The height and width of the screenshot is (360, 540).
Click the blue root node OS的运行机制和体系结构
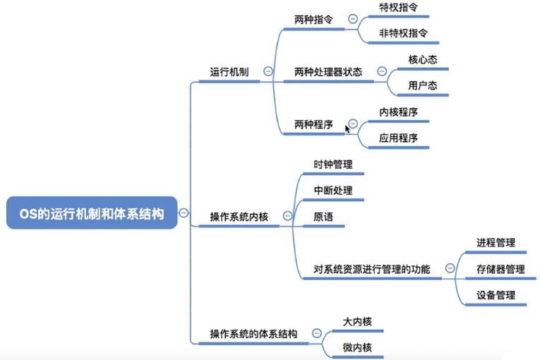(x=91, y=213)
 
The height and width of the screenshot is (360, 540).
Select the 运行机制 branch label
(x=229, y=72)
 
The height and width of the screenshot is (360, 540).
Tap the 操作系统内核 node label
(x=239, y=217)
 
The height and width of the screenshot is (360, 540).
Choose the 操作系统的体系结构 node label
(x=253, y=333)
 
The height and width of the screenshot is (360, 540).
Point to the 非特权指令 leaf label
(x=404, y=32)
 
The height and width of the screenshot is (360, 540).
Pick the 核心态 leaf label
(x=423, y=59)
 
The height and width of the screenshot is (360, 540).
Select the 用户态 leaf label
(x=423, y=85)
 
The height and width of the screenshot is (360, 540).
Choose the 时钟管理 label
(x=333, y=164)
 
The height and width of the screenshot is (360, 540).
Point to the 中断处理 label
(x=333, y=191)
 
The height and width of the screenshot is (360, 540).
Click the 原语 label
(x=323, y=217)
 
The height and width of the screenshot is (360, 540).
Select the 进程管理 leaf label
(x=496, y=243)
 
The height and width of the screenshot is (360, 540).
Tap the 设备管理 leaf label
(x=496, y=295)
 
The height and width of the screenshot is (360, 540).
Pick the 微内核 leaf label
(x=357, y=347)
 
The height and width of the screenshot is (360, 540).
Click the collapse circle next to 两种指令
(x=352, y=19)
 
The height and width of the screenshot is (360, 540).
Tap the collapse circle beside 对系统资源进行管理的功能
(x=449, y=268)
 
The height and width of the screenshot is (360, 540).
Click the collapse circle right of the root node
(x=184, y=212)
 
